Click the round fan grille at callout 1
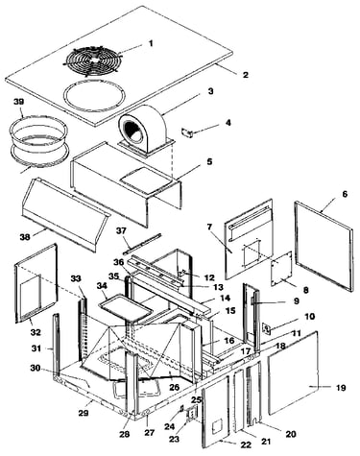tap(94, 60)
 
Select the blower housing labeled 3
tap(146, 132)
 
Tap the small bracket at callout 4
tap(188, 132)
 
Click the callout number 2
tap(246, 75)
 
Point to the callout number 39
tap(18, 102)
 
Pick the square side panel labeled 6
tap(324, 246)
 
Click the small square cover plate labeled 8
tap(281, 269)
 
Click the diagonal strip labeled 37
tap(142, 244)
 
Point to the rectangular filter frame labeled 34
tap(126, 307)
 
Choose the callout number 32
tap(36, 332)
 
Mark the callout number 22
tap(247, 444)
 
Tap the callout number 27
tap(150, 433)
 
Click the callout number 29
tap(84, 413)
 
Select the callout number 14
tap(225, 298)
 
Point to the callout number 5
tap(209, 161)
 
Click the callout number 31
tap(36, 348)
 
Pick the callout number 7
tap(209, 227)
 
